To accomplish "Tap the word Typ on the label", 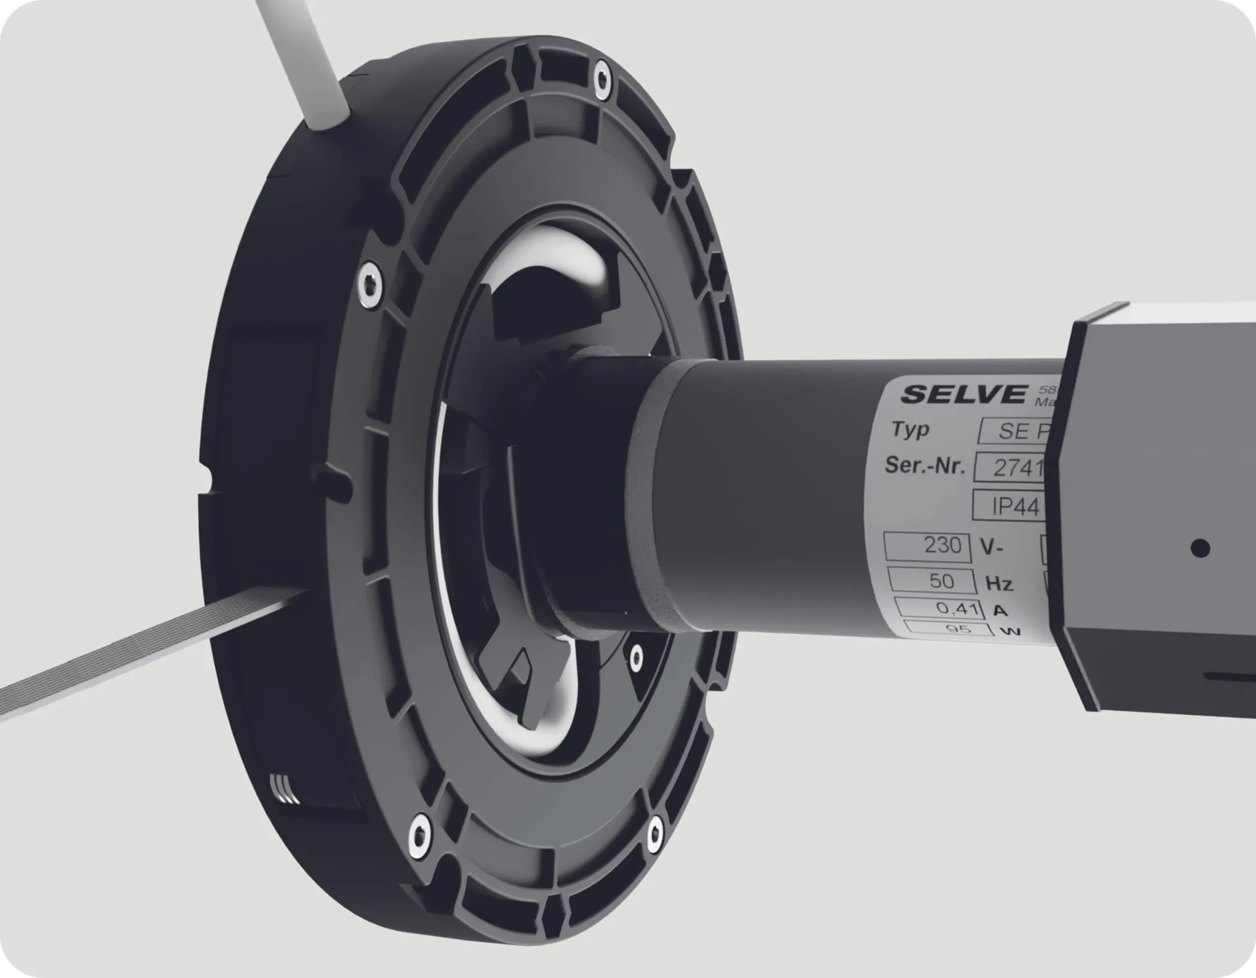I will pyautogui.click(x=910, y=430).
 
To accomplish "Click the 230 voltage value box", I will pyautogui.click(x=927, y=546).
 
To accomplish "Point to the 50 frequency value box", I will pyautogui.click(x=932, y=581).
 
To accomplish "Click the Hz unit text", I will pyautogui.click(x=1000, y=584).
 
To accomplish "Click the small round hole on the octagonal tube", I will pyautogui.click(x=1199, y=548).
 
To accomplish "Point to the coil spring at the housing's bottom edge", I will pyautogui.click(x=285, y=789).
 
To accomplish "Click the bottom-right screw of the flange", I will pyautogui.click(x=654, y=833).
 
